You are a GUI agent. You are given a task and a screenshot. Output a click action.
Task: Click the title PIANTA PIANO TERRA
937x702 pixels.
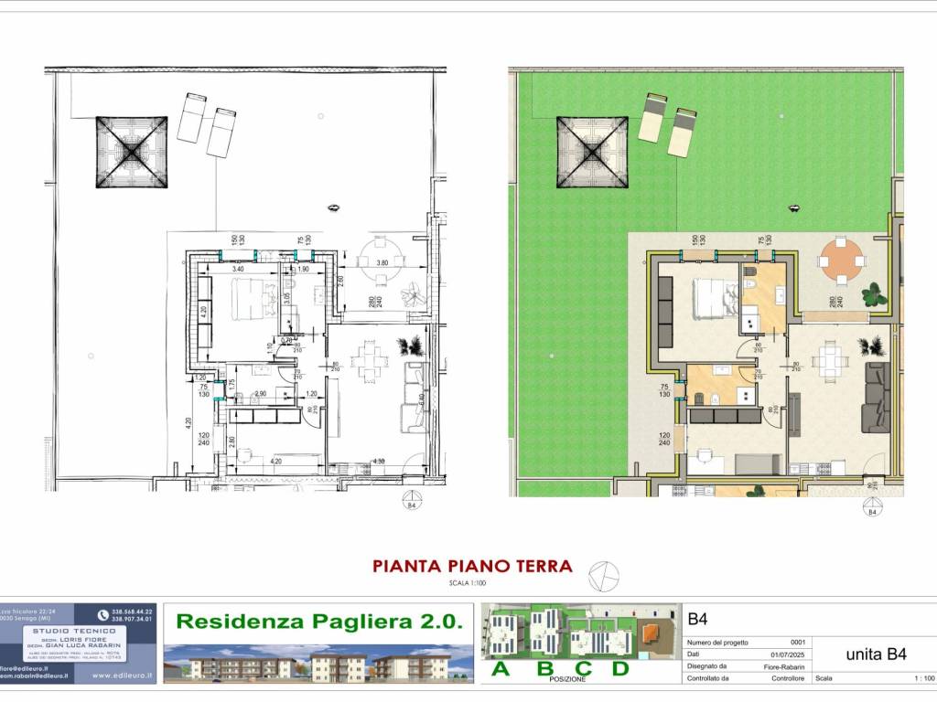(x=472, y=566)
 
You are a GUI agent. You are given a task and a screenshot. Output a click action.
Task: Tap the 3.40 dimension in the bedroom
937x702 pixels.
(x=237, y=270)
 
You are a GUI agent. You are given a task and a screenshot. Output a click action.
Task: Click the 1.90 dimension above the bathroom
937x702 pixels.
(x=303, y=270)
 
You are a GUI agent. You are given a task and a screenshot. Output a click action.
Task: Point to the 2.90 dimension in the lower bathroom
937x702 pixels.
(x=261, y=393)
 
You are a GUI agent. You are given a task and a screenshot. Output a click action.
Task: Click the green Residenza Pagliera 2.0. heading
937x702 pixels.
(x=318, y=622)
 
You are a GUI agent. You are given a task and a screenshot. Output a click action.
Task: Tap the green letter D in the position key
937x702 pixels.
(x=620, y=669)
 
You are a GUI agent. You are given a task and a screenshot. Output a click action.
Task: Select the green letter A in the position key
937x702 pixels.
(x=501, y=669)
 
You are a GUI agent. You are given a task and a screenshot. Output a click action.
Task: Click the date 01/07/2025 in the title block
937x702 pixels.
(x=783, y=654)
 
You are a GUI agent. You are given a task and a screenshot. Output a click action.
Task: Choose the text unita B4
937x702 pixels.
(x=876, y=654)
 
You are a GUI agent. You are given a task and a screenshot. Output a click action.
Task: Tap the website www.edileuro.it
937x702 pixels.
(x=123, y=676)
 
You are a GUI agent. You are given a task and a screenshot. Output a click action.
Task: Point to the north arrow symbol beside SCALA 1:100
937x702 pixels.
(x=604, y=575)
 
